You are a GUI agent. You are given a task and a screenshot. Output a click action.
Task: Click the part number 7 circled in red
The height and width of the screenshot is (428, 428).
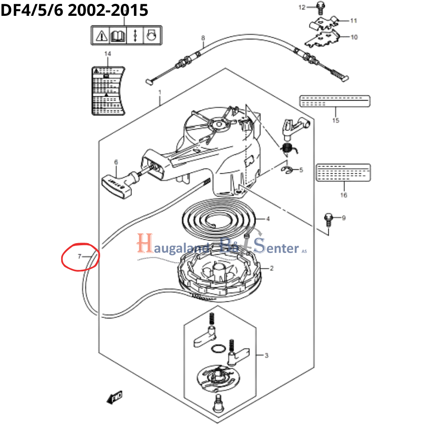79,257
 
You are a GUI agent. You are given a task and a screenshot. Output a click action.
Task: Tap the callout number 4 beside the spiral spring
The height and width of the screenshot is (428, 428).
268,219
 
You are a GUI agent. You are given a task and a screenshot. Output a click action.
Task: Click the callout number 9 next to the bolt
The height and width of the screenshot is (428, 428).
343,218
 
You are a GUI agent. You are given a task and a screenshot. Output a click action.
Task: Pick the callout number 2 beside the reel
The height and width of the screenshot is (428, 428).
271,268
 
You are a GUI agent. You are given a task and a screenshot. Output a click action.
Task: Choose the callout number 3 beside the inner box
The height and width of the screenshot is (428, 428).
266,355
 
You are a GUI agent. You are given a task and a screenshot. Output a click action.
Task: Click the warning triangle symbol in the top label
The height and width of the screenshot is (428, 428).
101,35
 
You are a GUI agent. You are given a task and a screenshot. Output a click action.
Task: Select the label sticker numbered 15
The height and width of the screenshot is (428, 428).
334,101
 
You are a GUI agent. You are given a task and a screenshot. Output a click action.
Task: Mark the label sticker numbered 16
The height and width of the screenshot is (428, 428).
343,172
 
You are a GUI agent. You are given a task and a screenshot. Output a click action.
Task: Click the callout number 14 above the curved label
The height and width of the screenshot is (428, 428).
107,53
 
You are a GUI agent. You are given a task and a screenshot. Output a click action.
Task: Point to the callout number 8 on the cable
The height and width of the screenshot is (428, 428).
203,38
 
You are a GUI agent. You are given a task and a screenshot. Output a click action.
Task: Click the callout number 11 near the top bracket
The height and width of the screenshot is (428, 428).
354,20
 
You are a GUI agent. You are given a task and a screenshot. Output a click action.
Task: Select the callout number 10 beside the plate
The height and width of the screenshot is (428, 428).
354,37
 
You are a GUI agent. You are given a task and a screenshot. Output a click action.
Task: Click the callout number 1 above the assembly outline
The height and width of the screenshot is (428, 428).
160,92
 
